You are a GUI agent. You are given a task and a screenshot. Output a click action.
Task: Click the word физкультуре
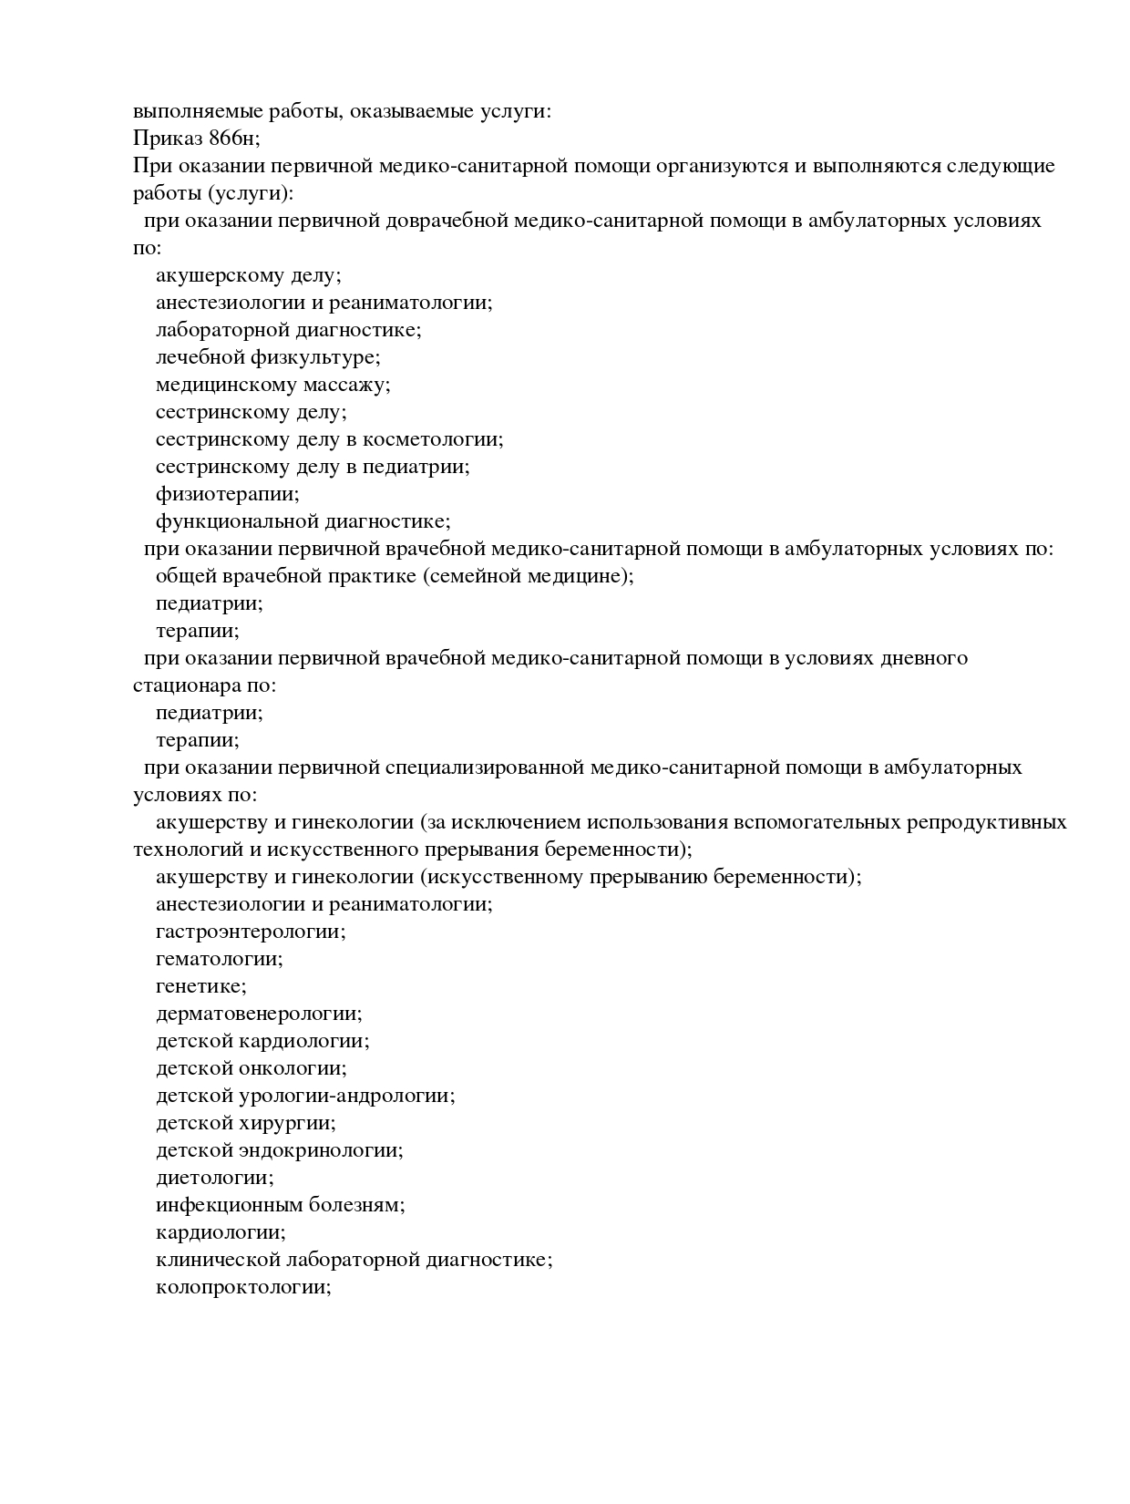click(x=315, y=357)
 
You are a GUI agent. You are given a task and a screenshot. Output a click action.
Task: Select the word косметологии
click(x=433, y=439)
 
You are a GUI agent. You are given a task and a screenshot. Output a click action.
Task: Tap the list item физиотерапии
click(x=227, y=494)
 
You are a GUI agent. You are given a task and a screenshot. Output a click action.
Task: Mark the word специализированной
click(x=484, y=767)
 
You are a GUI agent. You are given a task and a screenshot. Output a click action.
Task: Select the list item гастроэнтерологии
click(x=251, y=932)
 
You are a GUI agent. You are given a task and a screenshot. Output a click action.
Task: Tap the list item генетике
click(x=200, y=986)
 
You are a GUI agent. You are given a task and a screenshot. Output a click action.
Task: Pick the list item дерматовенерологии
click(x=259, y=1014)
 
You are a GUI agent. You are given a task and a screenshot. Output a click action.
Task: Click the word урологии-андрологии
click(x=358, y=1096)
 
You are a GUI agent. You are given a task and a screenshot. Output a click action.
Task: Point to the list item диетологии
click(x=214, y=1178)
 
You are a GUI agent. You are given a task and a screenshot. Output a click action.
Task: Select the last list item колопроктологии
click(x=243, y=1287)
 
